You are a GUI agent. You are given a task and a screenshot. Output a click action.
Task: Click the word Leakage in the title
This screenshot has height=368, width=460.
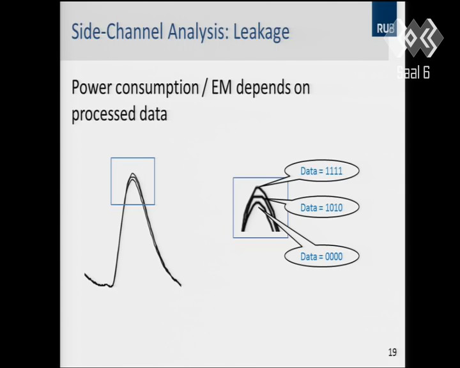[x=261, y=32]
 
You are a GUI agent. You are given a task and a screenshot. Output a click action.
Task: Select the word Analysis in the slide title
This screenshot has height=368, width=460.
[x=198, y=32]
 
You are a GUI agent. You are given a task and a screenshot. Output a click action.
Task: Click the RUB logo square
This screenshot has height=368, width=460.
[x=385, y=19]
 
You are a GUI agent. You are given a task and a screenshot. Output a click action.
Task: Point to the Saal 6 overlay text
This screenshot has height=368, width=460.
[x=413, y=72]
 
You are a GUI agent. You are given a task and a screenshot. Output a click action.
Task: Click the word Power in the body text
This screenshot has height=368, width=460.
[x=91, y=87]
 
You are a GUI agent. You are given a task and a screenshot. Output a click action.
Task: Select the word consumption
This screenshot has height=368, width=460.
[x=157, y=88]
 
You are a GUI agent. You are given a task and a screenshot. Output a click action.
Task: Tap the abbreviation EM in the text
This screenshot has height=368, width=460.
[x=222, y=87]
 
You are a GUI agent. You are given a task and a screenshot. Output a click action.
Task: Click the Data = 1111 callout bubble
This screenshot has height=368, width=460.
[x=321, y=171]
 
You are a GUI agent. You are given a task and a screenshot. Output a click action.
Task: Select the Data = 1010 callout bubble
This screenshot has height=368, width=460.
[x=321, y=208]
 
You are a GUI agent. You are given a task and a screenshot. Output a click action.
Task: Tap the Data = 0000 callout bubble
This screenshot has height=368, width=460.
[x=321, y=256]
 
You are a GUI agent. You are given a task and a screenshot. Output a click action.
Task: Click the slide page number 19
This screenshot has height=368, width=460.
[x=392, y=352]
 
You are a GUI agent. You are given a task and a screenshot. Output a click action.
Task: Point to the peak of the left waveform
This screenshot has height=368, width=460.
[x=133, y=173]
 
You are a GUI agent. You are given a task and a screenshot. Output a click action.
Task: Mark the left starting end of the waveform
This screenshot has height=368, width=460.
[x=85, y=274]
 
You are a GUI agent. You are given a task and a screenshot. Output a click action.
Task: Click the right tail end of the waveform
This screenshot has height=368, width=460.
[x=181, y=285]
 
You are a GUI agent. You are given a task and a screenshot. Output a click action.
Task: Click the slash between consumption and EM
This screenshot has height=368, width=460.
[x=205, y=88]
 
